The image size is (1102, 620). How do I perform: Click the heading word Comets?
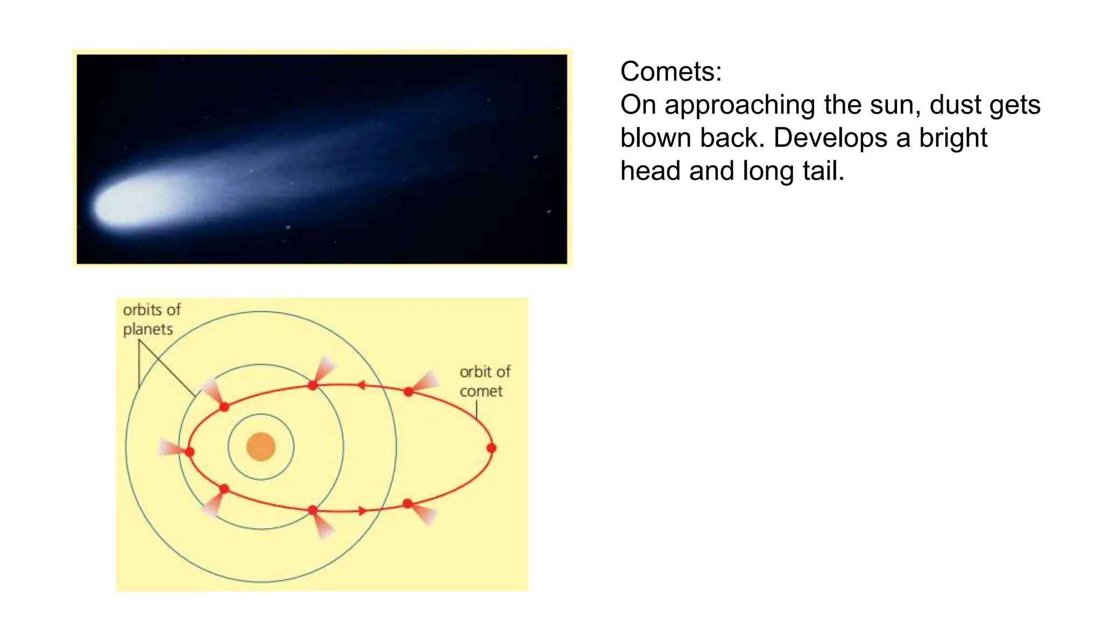pos(670,72)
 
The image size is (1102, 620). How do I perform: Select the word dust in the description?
pos(955,105)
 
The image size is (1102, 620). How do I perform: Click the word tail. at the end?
pos(823,171)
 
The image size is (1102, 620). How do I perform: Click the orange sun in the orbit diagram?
pos(261,447)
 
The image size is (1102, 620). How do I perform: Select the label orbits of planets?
pos(151,320)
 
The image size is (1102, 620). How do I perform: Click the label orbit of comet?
pos(484,381)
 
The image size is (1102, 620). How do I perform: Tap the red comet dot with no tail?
pos(491,448)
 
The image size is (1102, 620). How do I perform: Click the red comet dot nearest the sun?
pos(189,452)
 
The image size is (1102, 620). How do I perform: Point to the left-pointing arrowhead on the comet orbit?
pos(361,385)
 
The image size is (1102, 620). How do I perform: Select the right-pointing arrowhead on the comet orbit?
pos(363,511)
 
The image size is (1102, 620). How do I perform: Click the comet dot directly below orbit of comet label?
pos(408,391)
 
